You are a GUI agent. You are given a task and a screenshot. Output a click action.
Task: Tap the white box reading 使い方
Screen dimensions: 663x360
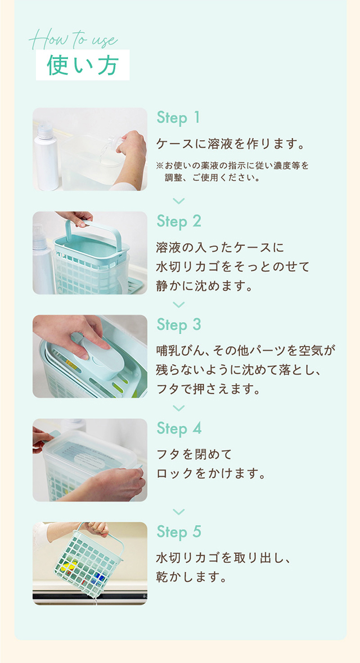pos(83,65)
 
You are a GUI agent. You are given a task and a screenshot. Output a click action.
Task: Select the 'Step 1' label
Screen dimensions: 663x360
pos(178,118)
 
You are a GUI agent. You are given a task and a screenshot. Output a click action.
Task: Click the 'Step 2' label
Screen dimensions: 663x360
pos(179,221)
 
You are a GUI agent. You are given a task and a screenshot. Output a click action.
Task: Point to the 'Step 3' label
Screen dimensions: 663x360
pos(179,325)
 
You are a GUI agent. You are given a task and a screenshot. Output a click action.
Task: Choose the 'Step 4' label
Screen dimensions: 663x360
pos(179,428)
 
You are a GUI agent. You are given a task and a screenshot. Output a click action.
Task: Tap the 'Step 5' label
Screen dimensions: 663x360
pos(179,532)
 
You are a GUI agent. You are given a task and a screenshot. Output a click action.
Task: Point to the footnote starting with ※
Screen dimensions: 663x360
pos(233,172)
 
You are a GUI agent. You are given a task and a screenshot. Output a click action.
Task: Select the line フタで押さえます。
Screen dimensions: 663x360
pos(208,389)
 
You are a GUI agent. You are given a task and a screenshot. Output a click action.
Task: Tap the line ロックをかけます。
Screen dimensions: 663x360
pos(210,473)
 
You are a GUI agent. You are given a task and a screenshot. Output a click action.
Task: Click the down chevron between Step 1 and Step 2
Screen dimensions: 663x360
pos(179,201)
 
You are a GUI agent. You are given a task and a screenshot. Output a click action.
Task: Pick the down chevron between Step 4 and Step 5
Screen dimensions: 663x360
pos(179,512)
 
